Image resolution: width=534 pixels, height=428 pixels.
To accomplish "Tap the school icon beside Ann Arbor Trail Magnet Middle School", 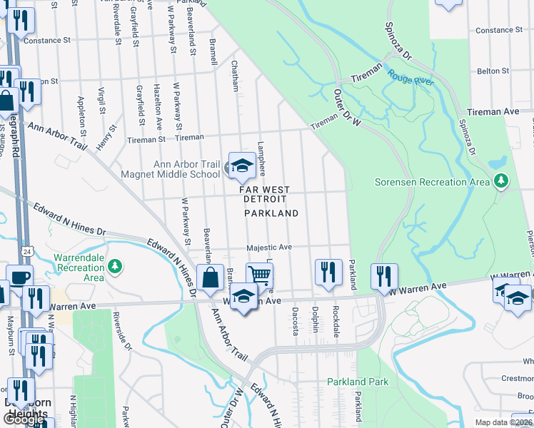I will tap(242, 166).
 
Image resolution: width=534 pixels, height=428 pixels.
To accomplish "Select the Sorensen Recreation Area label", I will tap(431, 182).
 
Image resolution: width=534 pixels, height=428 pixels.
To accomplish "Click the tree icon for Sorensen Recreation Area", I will tap(502, 181).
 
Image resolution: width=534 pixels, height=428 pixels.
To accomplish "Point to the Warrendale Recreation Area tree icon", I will tap(114, 267).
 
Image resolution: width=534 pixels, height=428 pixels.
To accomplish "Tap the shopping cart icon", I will tap(260, 275).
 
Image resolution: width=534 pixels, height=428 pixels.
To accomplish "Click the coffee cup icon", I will tap(19, 277).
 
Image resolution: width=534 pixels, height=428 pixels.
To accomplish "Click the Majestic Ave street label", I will tap(270, 248).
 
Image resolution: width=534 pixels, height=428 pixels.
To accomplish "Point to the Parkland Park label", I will tap(358, 382).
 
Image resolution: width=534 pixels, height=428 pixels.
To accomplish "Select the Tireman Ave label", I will tap(493, 112).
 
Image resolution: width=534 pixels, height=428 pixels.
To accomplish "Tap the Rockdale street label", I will tap(335, 320).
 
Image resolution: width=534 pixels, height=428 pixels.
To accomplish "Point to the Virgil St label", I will tap(102, 101).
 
